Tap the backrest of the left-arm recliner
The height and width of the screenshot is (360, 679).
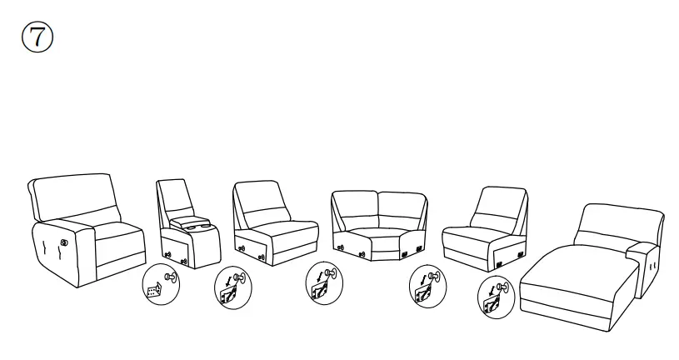click(72, 197)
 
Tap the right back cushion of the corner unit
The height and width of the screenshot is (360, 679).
click(402, 209)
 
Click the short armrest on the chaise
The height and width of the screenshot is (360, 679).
click(642, 249)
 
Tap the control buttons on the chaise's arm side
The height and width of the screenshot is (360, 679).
click(651, 266)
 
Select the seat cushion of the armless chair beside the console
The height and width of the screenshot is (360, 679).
click(276, 228)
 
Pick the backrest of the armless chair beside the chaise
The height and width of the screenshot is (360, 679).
click(501, 205)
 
